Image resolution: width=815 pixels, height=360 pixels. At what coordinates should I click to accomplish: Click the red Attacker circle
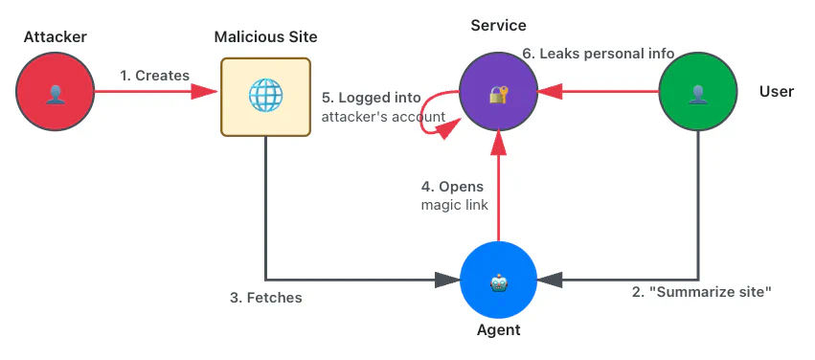pos(56,94)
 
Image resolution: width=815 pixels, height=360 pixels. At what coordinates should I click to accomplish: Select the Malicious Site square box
pos(265,97)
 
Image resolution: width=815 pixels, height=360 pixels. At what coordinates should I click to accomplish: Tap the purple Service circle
pos(497,94)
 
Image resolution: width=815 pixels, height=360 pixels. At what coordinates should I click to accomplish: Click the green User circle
pos(698,94)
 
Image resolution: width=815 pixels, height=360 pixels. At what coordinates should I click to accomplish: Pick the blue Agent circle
pos(498,281)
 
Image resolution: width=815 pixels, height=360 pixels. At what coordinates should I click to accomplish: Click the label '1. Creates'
pos(154,75)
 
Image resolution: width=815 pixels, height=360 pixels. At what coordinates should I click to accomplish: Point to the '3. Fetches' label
pos(265,298)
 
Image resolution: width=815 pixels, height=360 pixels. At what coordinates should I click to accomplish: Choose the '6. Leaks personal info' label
pos(598,54)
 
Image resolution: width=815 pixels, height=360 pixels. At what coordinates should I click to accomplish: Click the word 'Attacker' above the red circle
pos(56,37)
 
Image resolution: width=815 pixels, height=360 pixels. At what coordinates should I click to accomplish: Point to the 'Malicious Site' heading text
pos(265,37)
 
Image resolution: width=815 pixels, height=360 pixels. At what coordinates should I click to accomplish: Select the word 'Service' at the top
pos(497,26)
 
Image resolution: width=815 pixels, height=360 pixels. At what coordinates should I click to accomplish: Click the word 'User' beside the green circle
pos(777,92)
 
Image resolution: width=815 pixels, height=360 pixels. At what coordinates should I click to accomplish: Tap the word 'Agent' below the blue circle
pos(498,330)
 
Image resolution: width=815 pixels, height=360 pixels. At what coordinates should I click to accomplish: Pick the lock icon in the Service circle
pos(497,94)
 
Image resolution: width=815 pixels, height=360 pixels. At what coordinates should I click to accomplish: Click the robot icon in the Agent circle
pos(498,281)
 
